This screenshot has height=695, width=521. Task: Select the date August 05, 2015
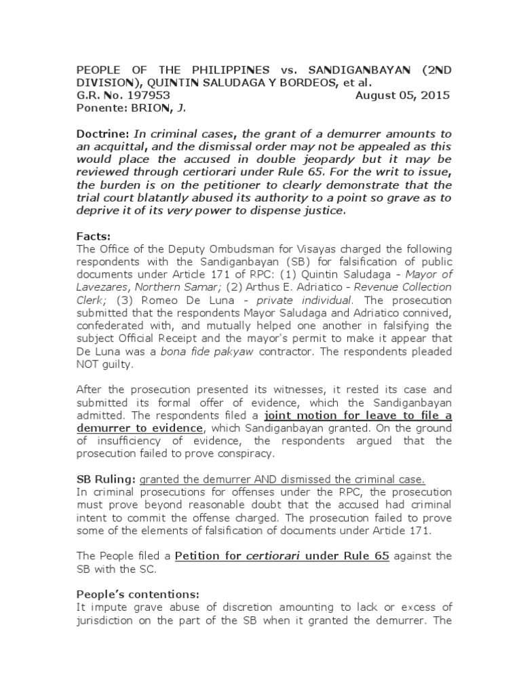click(x=402, y=96)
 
